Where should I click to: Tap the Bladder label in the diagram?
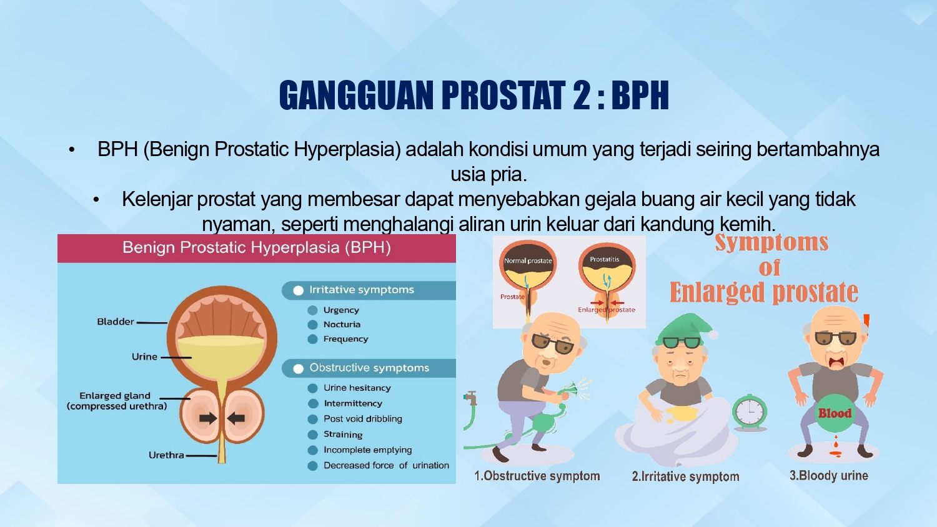click(116, 322)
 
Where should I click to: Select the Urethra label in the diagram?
click(166, 455)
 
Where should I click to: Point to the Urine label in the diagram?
click(144, 357)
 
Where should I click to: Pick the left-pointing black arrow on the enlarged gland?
click(236, 418)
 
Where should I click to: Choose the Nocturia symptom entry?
click(342, 325)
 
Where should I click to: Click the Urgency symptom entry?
click(341, 310)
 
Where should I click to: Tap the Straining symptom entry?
click(343, 435)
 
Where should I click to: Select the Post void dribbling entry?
click(363, 419)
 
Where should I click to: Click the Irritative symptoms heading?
click(362, 290)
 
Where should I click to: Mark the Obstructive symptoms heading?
click(369, 368)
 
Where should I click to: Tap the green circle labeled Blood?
click(835, 413)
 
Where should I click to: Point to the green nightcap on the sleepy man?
click(685, 328)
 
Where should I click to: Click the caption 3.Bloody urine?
click(829, 476)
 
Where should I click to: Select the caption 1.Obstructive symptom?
click(537, 476)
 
